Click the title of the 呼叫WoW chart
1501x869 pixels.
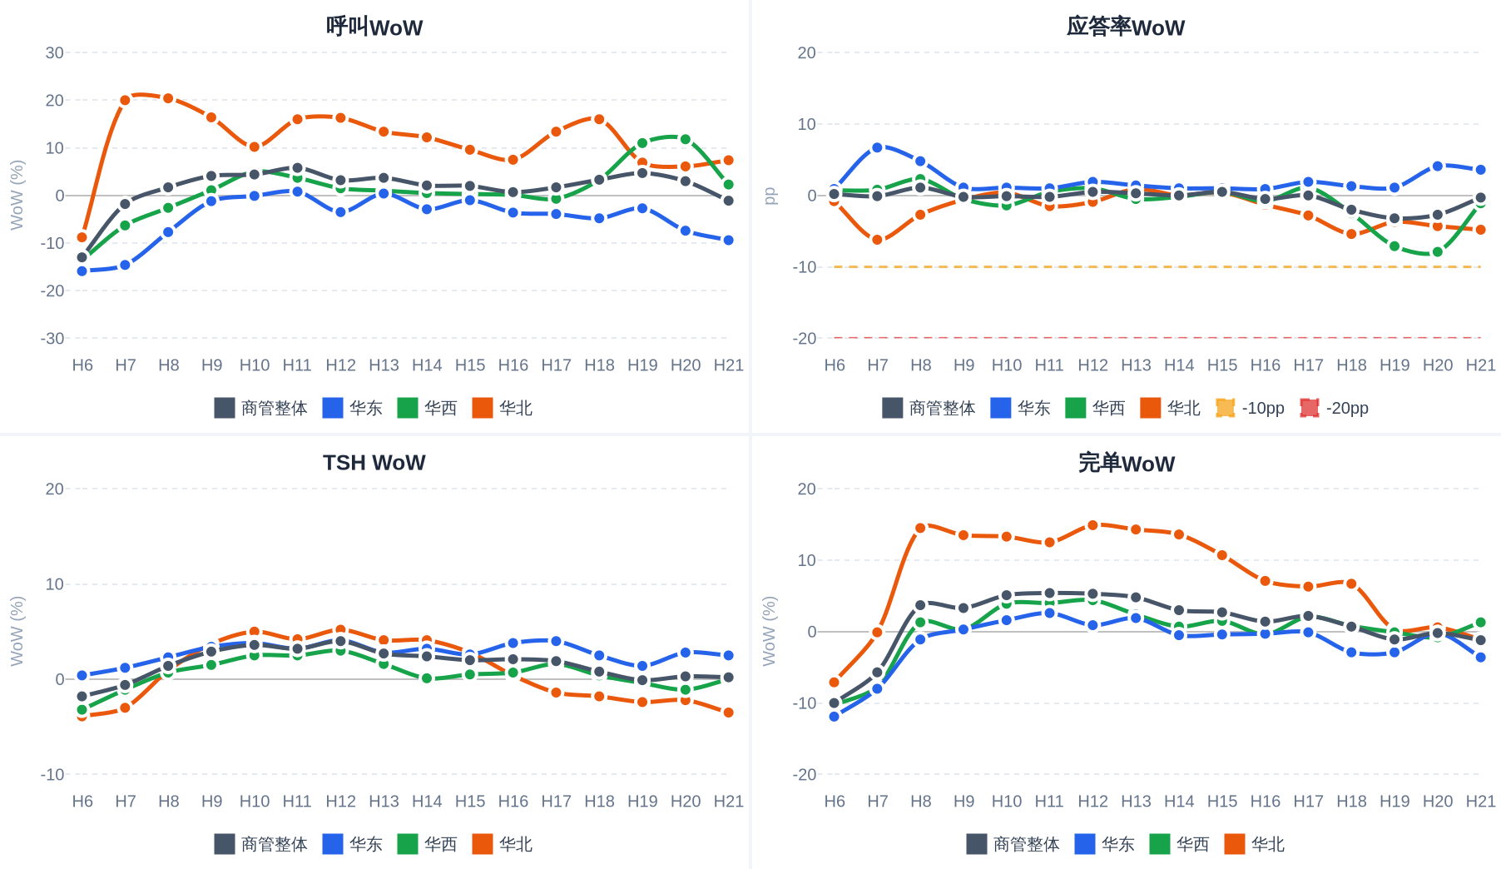(x=374, y=27)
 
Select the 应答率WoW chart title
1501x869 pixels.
(x=1126, y=27)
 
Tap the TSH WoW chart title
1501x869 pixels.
(x=374, y=463)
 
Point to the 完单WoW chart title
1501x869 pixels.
(x=1126, y=463)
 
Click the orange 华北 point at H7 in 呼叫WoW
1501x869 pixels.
(x=125, y=100)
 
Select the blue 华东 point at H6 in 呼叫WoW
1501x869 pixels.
(x=82, y=271)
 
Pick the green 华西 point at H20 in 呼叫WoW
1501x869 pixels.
(x=685, y=139)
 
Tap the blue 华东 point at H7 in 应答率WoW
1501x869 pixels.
(x=877, y=147)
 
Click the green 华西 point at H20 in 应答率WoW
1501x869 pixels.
(x=1437, y=252)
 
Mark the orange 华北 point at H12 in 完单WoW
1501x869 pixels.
(x=1092, y=525)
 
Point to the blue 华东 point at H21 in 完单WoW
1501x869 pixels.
(x=1480, y=658)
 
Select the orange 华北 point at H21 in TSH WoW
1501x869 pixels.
(x=728, y=713)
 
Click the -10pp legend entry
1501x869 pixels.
(x=1250, y=408)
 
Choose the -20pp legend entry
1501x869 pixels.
(x=1334, y=408)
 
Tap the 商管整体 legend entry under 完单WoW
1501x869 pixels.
(x=1013, y=844)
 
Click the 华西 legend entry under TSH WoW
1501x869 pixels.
(x=427, y=844)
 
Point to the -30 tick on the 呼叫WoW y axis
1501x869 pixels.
(x=52, y=338)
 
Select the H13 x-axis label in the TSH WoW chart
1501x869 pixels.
(x=384, y=801)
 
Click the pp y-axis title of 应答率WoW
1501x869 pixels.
(x=770, y=196)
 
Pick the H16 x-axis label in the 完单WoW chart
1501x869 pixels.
(x=1265, y=801)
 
